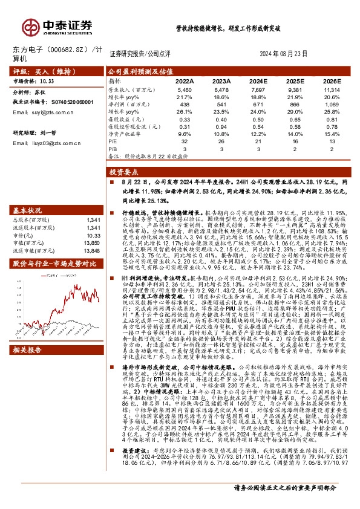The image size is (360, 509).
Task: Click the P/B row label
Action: point(113,148)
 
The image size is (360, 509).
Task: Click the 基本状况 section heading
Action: point(30,211)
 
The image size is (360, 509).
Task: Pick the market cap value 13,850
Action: point(91,242)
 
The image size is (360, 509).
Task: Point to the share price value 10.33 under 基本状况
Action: point(91,235)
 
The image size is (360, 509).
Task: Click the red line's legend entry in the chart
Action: point(36,276)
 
